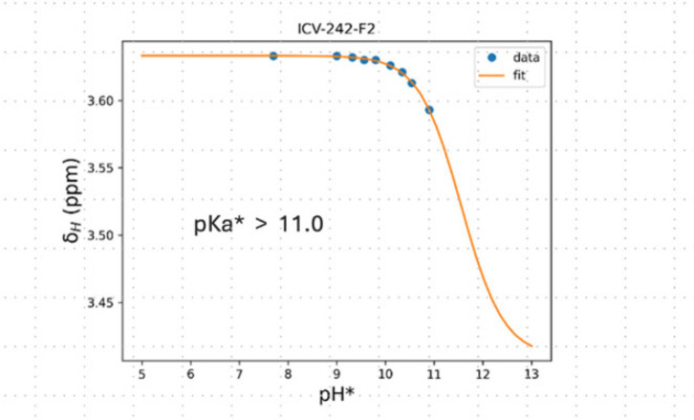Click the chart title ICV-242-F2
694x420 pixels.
click(336, 30)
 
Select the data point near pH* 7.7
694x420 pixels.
click(273, 55)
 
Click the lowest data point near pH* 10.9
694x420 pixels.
click(429, 110)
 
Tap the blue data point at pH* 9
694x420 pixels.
click(336, 55)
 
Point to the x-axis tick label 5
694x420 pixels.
click(142, 374)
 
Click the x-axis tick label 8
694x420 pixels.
click(288, 374)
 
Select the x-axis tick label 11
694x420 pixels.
click(434, 374)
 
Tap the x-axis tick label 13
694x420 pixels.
click(531, 374)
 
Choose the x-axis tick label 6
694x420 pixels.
click(191, 374)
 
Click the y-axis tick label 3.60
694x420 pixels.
click(100, 101)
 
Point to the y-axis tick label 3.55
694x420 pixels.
click(100, 168)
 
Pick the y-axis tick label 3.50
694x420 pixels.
click(100, 235)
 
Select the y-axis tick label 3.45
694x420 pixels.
click(100, 303)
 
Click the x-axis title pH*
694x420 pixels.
click(336, 394)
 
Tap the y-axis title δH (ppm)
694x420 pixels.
click(72, 200)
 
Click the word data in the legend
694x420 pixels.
click(526, 57)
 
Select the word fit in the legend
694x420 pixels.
click(519, 76)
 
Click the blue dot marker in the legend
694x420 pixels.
click(491, 57)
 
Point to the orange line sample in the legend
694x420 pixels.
click(491, 76)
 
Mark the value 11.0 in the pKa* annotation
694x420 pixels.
click(301, 224)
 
